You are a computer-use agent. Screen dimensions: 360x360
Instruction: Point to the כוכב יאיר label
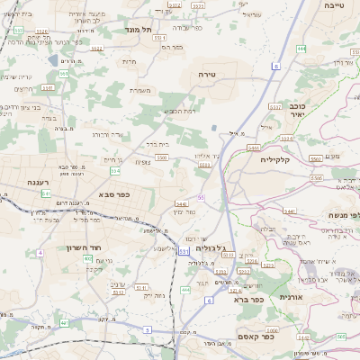coord(297,110)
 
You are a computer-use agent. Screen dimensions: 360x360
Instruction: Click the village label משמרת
coord(139,89)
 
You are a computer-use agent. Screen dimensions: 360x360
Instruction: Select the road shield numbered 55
coord(201,196)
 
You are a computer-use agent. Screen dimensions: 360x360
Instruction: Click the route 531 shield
coord(184,251)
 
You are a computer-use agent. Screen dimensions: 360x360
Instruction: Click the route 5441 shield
coord(180,204)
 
